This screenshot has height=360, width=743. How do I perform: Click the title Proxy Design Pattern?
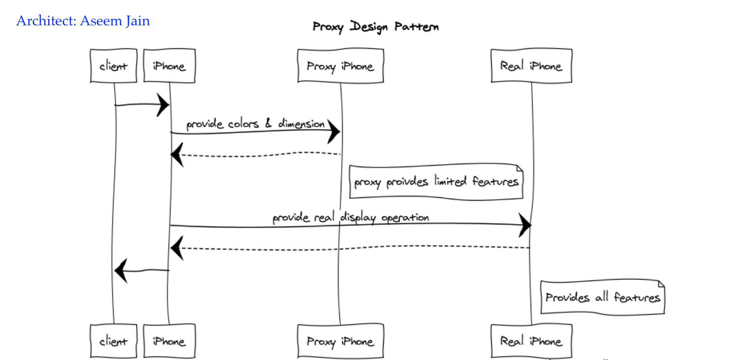coord(375,26)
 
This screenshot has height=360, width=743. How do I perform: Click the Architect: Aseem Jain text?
coord(83,21)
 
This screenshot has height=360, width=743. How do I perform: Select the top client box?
coord(113,66)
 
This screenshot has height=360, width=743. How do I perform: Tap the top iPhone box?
coord(169,66)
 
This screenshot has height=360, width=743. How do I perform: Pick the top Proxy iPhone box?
coord(340,66)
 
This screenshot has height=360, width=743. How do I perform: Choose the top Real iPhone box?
coord(531,66)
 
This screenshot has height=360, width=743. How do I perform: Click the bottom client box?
coord(113,341)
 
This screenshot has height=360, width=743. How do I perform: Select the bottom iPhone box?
coord(169,341)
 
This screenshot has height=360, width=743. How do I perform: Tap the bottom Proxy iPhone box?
coord(340,341)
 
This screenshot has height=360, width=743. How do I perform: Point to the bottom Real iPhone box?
coord(531,341)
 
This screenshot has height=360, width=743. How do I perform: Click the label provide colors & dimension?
coord(255,124)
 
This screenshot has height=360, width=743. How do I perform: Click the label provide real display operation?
coord(351,217)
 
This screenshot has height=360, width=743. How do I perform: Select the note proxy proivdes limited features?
coord(436,182)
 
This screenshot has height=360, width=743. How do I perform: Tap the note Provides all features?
coord(602,297)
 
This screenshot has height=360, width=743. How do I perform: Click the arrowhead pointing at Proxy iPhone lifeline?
coord(334,131)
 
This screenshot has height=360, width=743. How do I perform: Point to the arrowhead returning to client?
coord(120,270)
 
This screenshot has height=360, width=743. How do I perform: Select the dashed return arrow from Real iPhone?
coord(351,247)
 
